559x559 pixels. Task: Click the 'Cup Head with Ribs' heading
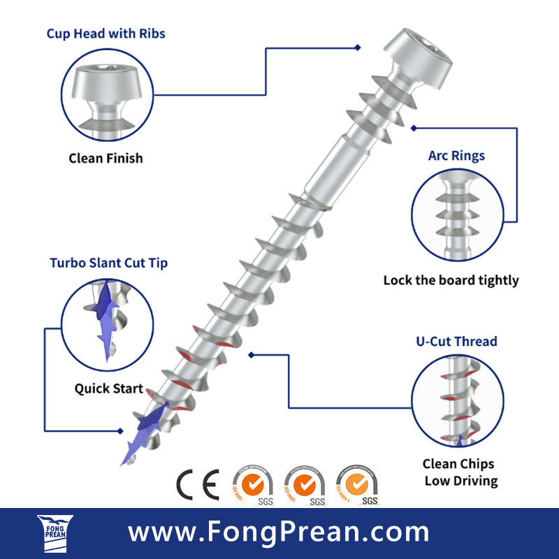[106, 34]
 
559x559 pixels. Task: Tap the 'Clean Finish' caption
[106, 158]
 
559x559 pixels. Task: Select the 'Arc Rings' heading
[456, 155]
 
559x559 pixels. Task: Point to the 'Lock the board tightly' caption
[451, 280]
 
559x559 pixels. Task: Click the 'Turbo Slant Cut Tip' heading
[108, 263]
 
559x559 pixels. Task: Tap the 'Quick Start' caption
[109, 389]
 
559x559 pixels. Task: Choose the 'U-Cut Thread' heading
[456, 341]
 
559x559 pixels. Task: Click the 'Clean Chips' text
[458, 464]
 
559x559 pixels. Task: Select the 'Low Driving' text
[461, 481]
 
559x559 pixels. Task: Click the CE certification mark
[197, 482]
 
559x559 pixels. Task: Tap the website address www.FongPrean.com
[279, 532]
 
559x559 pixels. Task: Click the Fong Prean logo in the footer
[55, 533]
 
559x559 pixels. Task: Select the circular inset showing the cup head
[106, 94]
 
